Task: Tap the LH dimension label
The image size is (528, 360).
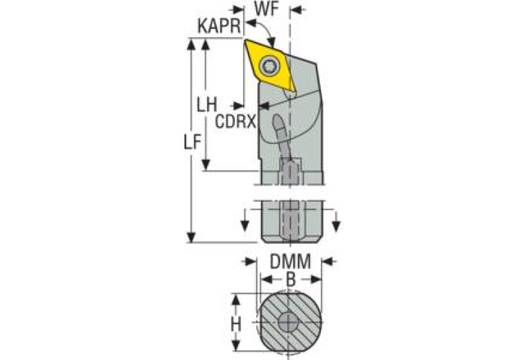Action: [206, 105]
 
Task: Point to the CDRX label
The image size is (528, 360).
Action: [235, 122]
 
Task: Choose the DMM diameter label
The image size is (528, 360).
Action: [288, 262]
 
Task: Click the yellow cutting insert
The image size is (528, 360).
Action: [270, 66]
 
